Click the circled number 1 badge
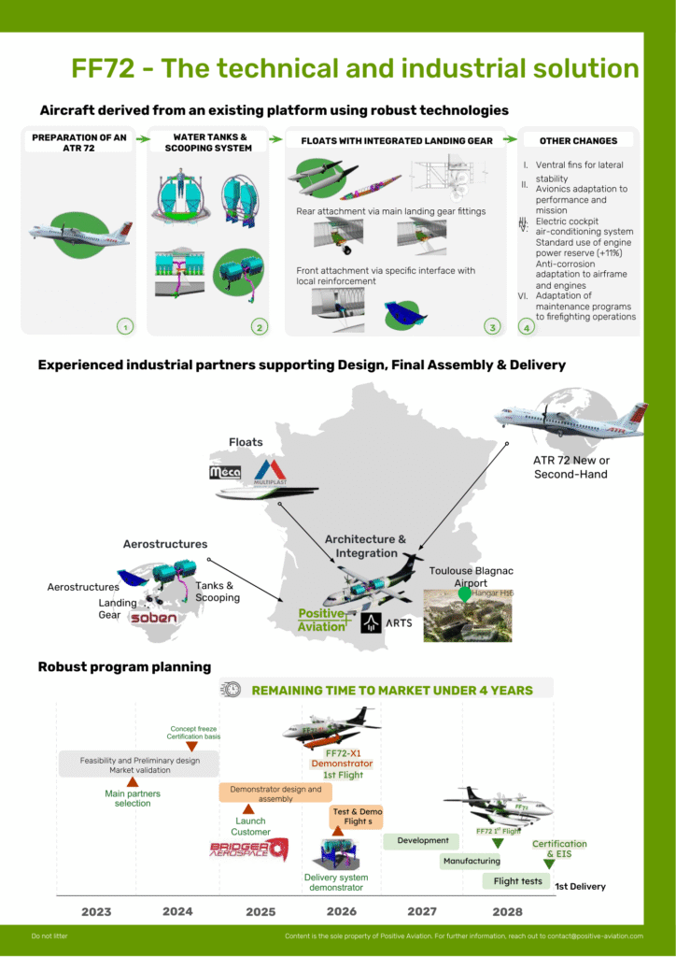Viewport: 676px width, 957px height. [x=124, y=326]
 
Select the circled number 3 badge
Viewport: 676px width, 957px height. [x=492, y=326]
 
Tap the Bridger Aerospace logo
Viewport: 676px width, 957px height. [x=248, y=849]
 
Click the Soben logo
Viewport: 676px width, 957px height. [x=153, y=618]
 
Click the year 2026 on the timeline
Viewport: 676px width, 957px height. [x=341, y=911]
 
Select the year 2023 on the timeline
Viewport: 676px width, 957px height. [x=96, y=911]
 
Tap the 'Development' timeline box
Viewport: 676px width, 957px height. [x=422, y=840]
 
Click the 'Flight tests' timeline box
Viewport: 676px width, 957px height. [x=517, y=880]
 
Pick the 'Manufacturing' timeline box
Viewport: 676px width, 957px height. [x=472, y=861]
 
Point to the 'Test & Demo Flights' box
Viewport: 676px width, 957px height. [x=357, y=817]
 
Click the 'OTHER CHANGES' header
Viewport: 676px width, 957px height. [x=578, y=140]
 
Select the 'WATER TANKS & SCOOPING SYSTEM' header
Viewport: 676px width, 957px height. [x=212, y=142]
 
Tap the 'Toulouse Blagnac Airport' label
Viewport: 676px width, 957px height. [x=471, y=577]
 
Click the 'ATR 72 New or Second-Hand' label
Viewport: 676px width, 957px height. [x=571, y=467]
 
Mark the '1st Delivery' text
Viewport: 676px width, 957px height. [x=580, y=886]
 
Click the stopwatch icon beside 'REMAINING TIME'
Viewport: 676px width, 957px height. [x=231, y=689]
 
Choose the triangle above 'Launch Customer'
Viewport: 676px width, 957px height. [x=247, y=809]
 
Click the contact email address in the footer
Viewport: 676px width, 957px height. [x=599, y=936]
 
